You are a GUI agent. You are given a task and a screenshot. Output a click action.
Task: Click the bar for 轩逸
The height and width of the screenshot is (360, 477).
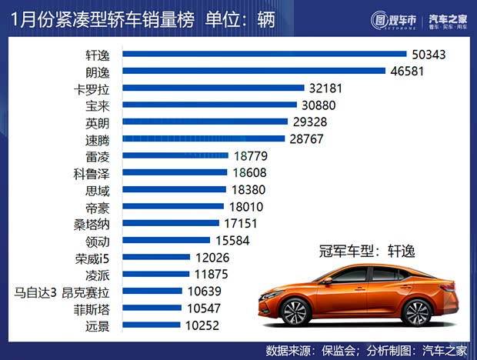(x=264, y=55)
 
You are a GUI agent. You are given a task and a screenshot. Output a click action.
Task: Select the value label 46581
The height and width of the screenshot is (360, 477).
(x=409, y=72)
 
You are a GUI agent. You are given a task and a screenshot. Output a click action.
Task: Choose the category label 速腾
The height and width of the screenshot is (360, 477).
(x=104, y=139)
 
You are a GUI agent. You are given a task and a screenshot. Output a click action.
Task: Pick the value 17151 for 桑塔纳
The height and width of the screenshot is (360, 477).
(x=241, y=224)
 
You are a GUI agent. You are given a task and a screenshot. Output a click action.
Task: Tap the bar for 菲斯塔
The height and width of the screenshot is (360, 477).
(x=153, y=308)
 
